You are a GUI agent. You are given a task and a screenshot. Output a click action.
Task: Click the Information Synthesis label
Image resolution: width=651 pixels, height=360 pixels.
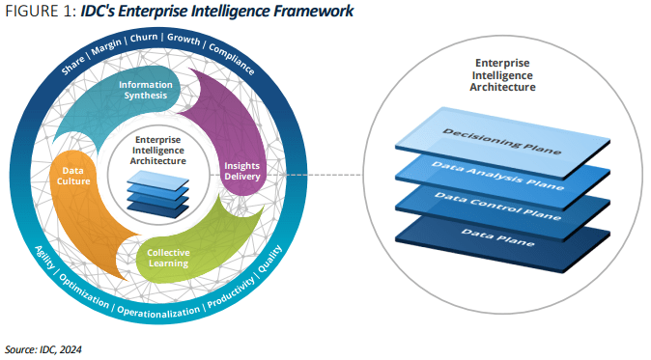(145, 91)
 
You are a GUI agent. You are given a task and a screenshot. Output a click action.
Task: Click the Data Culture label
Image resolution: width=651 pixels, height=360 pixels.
(70, 175)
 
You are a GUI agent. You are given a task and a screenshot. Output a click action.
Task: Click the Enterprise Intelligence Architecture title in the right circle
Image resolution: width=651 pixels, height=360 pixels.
(502, 77)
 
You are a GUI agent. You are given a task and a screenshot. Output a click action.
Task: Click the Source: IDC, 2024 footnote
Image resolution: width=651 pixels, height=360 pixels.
(43, 348)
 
